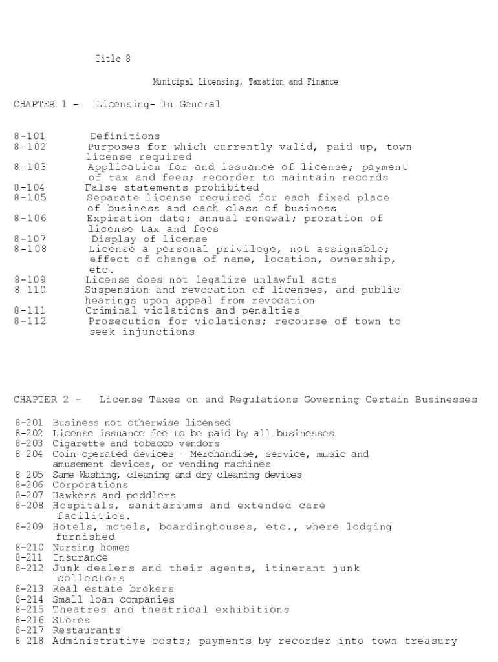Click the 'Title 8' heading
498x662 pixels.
tap(113, 59)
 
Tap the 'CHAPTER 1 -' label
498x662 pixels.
tap(46, 104)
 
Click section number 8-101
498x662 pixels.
tap(30, 136)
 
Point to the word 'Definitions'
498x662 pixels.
tap(125, 136)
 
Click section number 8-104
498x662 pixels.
tap(30, 187)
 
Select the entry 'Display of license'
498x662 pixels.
tap(149, 239)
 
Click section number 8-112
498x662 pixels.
tap(30, 321)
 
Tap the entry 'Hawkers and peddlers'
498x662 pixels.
tap(105, 495)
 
